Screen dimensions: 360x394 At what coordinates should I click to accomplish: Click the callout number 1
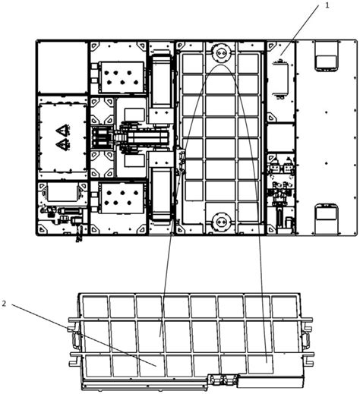coord(327,5)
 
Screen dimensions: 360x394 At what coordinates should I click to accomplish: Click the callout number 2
coord(4,304)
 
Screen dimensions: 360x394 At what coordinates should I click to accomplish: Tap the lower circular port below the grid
coord(221,222)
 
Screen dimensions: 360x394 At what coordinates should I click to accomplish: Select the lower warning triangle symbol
coord(62,144)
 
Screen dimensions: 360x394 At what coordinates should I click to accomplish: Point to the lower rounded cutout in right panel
coord(327,214)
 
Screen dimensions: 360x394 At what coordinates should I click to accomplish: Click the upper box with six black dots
coord(122,77)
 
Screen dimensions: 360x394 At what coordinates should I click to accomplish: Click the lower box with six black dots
coord(122,198)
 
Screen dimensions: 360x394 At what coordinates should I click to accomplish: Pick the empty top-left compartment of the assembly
coord(62,68)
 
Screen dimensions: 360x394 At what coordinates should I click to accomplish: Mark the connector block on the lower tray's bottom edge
coord(223,380)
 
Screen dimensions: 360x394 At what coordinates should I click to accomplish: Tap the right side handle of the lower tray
coord(307,340)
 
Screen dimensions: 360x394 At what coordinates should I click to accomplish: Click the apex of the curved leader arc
coord(221,65)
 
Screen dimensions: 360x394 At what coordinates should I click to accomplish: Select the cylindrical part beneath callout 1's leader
coord(281,78)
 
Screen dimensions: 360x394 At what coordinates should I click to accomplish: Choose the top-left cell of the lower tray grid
coord(95,307)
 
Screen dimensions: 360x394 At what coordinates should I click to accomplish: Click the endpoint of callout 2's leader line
coord(156,366)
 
